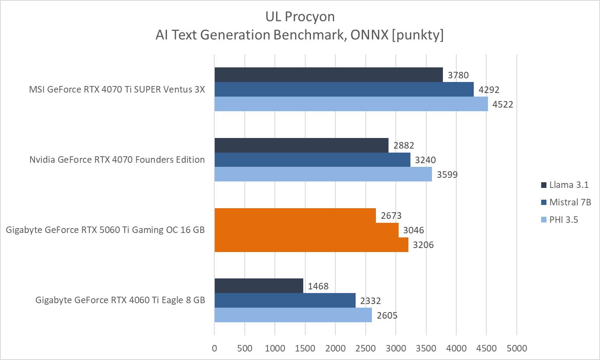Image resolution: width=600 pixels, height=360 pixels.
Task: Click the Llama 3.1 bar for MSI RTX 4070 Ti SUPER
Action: tap(328, 75)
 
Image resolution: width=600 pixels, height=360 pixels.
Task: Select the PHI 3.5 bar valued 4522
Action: tap(351, 104)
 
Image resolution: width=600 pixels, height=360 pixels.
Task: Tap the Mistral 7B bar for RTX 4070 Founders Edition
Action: tap(312, 160)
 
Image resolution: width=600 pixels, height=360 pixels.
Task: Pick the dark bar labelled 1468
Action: tap(259, 286)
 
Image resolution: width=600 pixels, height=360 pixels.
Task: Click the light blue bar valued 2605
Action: tap(293, 315)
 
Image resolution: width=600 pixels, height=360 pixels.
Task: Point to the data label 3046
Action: tap(413, 230)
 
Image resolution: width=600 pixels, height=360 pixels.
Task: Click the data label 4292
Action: tap(489, 90)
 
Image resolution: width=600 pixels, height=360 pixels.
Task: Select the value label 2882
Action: tap(404, 145)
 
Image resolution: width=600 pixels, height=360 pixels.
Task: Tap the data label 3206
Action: tap(423, 245)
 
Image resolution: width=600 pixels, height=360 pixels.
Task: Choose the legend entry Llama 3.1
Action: tap(568, 185)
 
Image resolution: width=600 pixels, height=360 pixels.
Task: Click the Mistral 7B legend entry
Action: tap(570, 202)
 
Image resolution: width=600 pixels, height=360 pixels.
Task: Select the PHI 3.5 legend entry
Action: tap(563, 220)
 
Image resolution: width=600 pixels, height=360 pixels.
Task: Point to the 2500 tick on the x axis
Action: tap(365, 348)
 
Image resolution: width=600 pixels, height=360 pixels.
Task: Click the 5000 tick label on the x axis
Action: tap(517, 348)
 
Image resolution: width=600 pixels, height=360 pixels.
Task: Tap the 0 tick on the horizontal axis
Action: tap(214, 348)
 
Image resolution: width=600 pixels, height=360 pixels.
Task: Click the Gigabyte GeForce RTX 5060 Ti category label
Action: tap(105, 230)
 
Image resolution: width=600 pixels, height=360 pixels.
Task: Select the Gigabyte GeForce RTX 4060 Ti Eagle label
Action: tap(120, 300)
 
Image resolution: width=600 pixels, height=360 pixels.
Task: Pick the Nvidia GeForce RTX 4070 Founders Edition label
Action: tap(117, 160)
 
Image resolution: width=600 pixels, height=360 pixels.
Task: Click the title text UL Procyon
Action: tap(300, 17)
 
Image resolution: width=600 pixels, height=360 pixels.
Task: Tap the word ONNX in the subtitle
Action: tap(369, 35)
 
